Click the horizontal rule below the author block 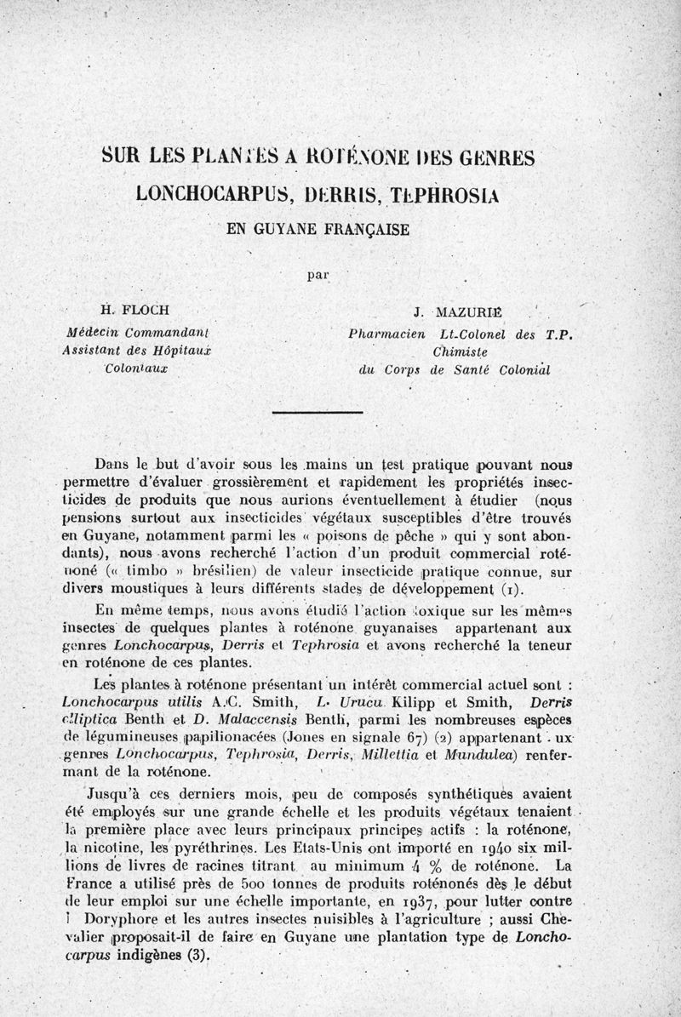[x=317, y=412]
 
